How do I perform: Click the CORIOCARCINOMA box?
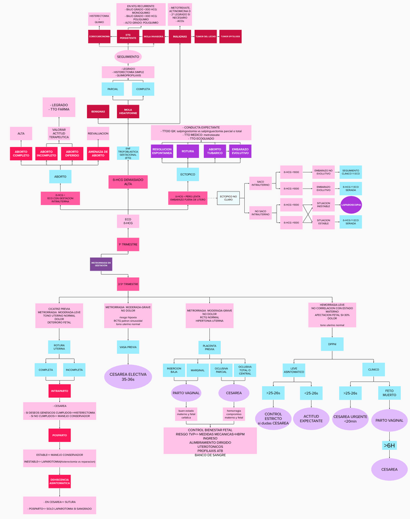[x=99, y=37]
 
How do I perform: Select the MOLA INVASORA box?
[x=154, y=37]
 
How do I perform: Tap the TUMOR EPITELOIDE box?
[x=230, y=37]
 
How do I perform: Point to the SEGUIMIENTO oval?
[x=128, y=57]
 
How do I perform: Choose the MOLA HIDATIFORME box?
[x=128, y=111]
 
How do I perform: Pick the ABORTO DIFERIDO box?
[x=72, y=154]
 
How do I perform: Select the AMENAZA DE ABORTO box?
[x=99, y=154]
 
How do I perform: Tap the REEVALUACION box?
[x=99, y=133]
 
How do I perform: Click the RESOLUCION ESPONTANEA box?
[x=162, y=151]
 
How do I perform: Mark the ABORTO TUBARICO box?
[x=215, y=151]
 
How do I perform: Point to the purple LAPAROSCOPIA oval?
[x=351, y=205]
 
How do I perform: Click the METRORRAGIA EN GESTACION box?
[x=101, y=264]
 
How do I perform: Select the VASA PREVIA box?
[x=128, y=346]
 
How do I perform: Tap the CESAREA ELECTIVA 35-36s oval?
[x=128, y=376]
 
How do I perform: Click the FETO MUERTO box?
[x=389, y=392]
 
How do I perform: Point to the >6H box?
[x=389, y=446]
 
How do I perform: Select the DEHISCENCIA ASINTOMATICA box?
[x=61, y=482]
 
